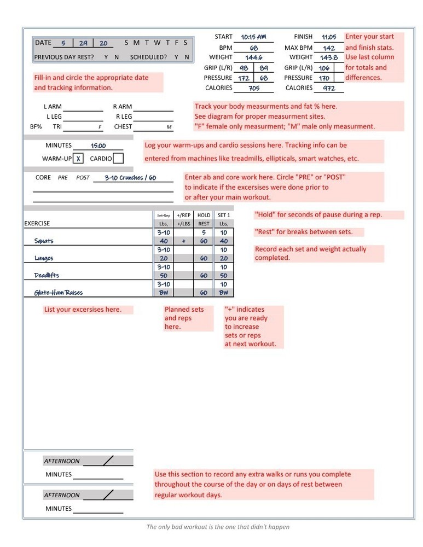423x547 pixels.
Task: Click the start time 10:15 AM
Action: (253, 37)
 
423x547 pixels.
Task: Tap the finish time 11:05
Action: (329, 37)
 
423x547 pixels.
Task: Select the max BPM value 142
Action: (329, 48)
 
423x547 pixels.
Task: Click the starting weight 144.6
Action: (253, 57)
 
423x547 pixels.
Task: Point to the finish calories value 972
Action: (329, 88)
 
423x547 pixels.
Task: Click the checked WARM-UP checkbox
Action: (79, 159)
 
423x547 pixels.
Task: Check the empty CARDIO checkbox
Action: (118, 159)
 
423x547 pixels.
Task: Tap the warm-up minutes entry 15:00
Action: (98, 146)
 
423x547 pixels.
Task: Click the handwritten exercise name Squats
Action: (44, 241)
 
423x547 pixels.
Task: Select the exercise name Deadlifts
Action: (46, 276)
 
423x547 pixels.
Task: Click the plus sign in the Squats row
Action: (184, 241)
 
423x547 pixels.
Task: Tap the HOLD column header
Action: (204, 216)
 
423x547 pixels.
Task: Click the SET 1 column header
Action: (223, 216)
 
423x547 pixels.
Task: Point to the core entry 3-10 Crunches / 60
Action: (130, 178)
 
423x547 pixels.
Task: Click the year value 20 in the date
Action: (103, 43)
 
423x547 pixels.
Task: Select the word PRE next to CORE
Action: (63, 178)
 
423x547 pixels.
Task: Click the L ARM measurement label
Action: (53, 107)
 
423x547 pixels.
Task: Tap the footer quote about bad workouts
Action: (218, 527)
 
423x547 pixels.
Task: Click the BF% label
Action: (36, 127)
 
